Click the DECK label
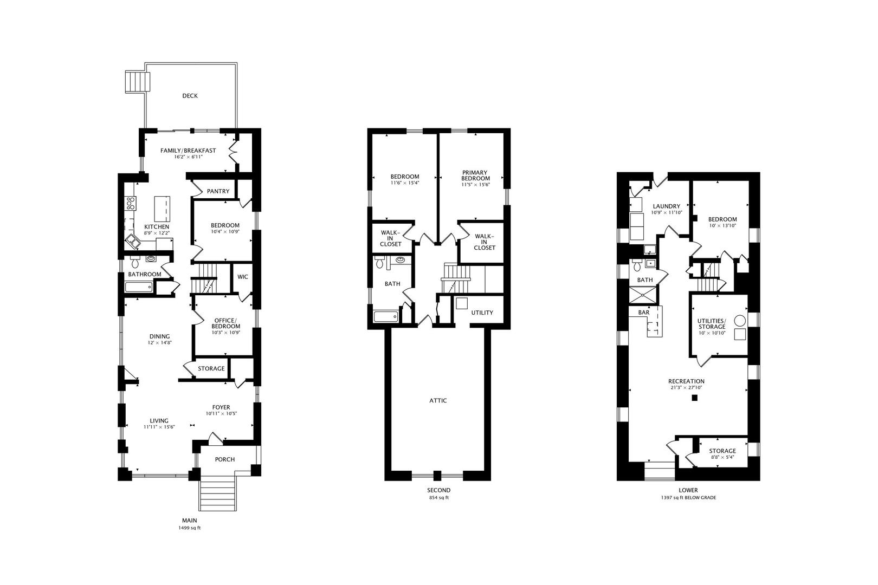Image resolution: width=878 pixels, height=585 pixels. tap(190, 96)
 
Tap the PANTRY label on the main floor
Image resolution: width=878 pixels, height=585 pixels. tap(218, 191)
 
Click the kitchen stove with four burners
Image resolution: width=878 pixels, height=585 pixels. tap(131, 203)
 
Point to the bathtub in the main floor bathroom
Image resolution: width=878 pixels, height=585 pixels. tap(139, 287)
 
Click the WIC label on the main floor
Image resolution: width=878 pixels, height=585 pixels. tap(243, 277)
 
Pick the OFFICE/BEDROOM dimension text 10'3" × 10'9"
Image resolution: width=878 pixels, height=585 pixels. tap(226, 332)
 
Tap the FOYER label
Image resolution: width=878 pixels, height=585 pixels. tap(221, 407)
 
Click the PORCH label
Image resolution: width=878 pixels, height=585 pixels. tap(224, 459)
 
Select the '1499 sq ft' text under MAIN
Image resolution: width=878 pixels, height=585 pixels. tap(189, 528)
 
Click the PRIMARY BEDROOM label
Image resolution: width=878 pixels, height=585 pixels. tap(475, 175)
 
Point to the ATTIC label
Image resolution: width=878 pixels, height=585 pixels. tap(438, 400)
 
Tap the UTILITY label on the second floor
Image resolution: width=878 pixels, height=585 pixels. tap(482, 313)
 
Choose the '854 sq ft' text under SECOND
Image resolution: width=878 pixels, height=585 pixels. tap(438, 498)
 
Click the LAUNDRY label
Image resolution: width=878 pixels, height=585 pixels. tap(666, 206)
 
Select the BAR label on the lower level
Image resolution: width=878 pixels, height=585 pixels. tap(644, 313)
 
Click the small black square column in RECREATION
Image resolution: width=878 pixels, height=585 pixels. tap(695, 398)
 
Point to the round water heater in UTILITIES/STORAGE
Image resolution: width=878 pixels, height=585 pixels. tap(740, 321)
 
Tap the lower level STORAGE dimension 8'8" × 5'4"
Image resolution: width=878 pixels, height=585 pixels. tap(722, 457)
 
